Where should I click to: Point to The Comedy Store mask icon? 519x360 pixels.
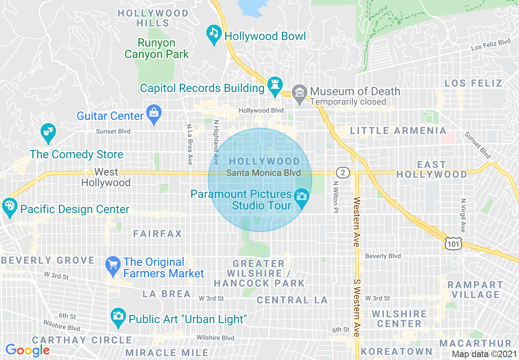coord(48,132)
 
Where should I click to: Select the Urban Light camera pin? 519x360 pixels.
coord(118,316)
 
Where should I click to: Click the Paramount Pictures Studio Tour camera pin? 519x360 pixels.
coord(302,197)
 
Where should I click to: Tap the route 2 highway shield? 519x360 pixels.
coord(343,173)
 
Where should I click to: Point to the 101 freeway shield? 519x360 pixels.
coord(454,244)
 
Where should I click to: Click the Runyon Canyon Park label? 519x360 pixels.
coord(157,48)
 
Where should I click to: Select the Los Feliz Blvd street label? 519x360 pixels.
coord(491,44)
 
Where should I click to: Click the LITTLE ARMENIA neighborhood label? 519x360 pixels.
coord(398,131)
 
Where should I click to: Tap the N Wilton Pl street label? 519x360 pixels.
coord(336,197)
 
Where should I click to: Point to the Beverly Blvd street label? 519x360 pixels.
coord(383,256)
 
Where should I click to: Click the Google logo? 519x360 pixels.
coord(27,350)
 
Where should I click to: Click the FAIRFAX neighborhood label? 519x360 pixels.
coord(158,234)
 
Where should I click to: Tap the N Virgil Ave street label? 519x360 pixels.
coord(463,215)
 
